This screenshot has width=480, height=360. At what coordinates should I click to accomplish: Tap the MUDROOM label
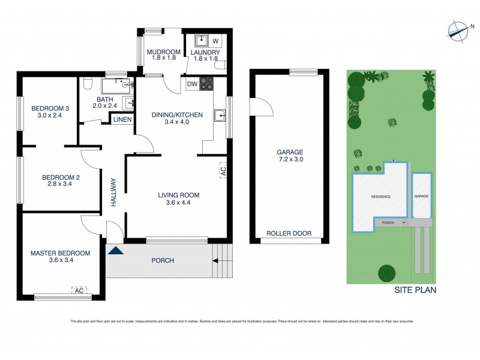[164, 52]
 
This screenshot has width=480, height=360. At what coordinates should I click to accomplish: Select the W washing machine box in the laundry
[215, 41]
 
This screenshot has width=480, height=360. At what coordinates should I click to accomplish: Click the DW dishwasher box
[193, 84]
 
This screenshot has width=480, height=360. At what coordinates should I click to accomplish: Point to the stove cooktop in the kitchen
[207, 84]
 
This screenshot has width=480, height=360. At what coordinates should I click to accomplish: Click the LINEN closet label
[123, 120]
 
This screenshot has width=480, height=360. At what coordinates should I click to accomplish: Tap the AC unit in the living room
[223, 172]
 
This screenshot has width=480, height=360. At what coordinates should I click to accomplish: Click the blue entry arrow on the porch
[115, 251]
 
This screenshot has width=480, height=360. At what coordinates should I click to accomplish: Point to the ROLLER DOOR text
[289, 233]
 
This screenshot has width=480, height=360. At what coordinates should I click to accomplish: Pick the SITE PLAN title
[415, 290]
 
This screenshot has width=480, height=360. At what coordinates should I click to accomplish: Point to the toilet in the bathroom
[88, 84]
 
